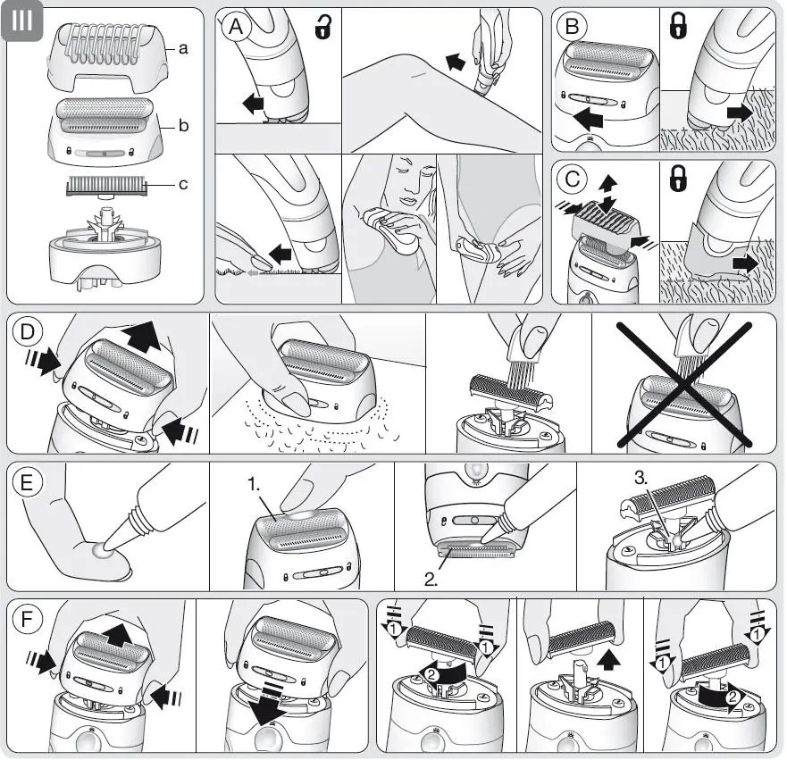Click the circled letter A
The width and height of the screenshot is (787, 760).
(237, 28)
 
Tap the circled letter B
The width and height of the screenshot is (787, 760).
(572, 28)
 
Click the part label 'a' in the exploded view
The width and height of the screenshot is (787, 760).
(182, 50)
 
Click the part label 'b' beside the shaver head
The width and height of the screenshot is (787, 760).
(182, 126)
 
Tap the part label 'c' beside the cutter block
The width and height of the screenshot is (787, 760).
(182, 185)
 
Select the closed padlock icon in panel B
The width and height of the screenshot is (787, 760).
(678, 28)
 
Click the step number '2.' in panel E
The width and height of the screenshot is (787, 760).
(431, 580)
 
